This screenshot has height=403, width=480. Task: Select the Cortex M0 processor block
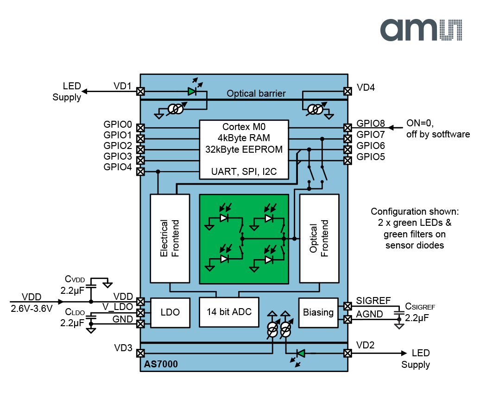click(x=244, y=149)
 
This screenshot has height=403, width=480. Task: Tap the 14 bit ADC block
click(x=228, y=311)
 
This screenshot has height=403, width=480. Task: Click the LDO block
click(x=170, y=312)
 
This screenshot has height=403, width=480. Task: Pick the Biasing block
click(x=318, y=312)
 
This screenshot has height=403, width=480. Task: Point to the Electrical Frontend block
click(x=170, y=238)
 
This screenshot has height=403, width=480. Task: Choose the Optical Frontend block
click(x=319, y=238)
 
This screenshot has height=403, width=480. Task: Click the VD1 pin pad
click(x=140, y=92)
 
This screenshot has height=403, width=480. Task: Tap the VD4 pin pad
click(x=347, y=92)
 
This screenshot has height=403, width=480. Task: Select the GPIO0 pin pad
click(x=140, y=128)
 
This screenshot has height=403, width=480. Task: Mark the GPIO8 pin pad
click(x=347, y=128)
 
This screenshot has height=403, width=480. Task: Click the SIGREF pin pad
click(x=347, y=306)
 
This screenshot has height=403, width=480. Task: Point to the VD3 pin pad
click(x=140, y=353)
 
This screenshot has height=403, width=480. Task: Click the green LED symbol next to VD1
click(x=192, y=92)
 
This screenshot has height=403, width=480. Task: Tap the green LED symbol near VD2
click(x=301, y=353)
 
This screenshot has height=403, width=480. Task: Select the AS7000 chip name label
click(x=159, y=365)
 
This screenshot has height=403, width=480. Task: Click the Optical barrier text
click(x=256, y=93)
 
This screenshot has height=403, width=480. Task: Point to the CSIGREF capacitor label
click(x=420, y=306)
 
